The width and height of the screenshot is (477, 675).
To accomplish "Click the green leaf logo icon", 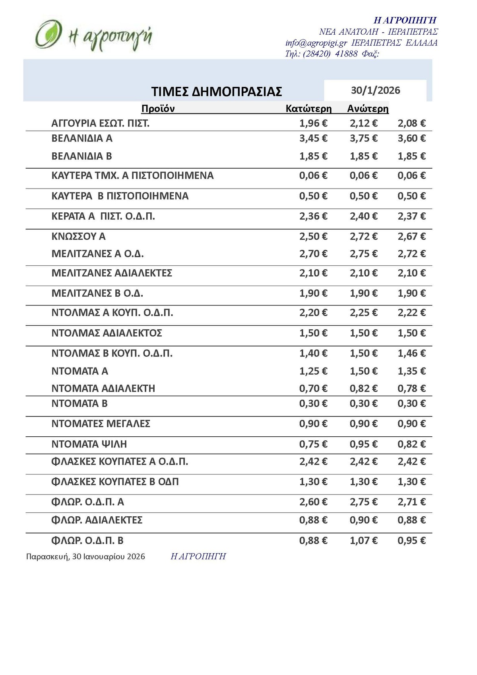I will (x=48, y=34).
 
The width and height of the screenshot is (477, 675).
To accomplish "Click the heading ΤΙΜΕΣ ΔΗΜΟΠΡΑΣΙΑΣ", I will (x=217, y=91).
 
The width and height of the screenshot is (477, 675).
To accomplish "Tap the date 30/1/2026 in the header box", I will (x=375, y=90).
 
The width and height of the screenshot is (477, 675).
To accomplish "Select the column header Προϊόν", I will (x=158, y=109).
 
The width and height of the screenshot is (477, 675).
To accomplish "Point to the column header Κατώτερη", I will (x=308, y=109).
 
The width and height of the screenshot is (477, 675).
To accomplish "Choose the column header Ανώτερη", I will (x=368, y=109).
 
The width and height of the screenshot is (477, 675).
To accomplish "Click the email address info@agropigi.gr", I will (x=316, y=43).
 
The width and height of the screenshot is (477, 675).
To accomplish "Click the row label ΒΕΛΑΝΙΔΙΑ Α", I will (x=82, y=138).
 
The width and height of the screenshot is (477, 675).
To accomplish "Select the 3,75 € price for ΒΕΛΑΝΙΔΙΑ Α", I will (x=363, y=138).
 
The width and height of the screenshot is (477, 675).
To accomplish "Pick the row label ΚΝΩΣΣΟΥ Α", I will (x=78, y=237).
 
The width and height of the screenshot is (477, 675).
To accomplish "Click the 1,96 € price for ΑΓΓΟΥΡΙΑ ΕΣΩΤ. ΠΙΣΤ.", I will (x=313, y=123).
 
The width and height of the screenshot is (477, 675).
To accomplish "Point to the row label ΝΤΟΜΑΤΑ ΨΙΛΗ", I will (x=89, y=444).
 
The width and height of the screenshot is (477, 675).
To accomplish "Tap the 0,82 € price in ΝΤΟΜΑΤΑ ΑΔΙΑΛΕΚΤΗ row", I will (x=363, y=388).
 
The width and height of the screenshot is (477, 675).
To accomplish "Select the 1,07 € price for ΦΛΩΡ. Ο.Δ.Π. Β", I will (x=363, y=541).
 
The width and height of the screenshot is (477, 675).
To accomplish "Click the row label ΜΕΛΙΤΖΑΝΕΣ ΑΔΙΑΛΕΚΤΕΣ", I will (x=112, y=273).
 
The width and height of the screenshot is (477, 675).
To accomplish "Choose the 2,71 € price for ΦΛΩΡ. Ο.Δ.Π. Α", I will (x=411, y=502).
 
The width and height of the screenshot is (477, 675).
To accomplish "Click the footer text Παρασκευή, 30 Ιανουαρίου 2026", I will (x=85, y=556).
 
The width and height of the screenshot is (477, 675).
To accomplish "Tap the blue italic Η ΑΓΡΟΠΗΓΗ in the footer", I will (x=198, y=556).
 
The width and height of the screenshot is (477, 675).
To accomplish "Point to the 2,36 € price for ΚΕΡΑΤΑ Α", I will (x=313, y=216).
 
